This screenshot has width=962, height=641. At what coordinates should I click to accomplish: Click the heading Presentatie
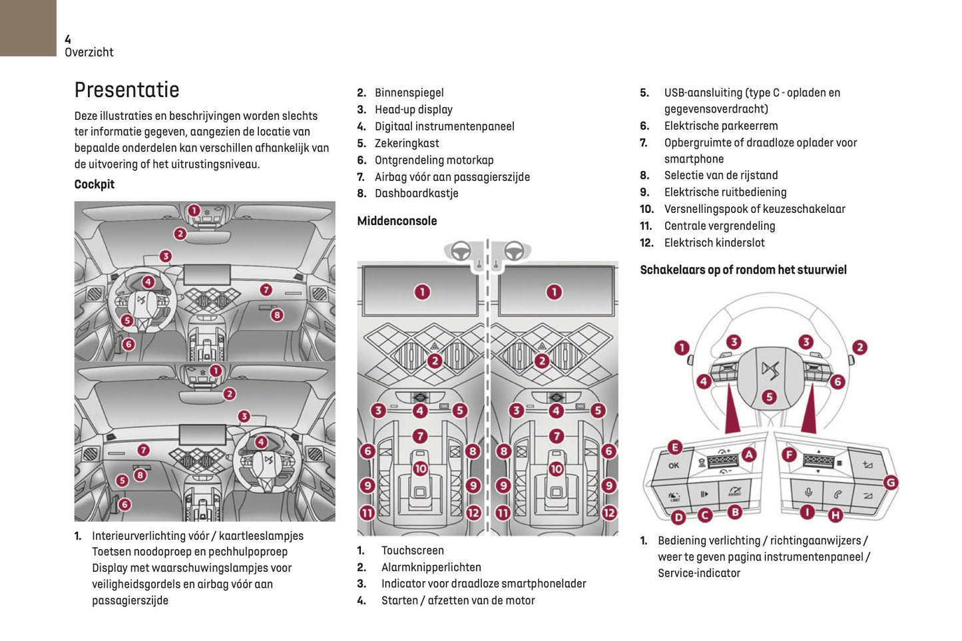[126, 90]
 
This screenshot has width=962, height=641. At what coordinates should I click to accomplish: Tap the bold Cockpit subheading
[94, 184]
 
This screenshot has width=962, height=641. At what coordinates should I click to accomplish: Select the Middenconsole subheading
[397, 221]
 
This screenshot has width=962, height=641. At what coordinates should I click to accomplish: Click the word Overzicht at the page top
[89, 53]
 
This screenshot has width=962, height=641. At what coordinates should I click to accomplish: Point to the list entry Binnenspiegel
[409, 93]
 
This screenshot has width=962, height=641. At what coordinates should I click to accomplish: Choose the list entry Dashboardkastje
[416, 194]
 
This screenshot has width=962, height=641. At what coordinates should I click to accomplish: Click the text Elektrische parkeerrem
[720, 126]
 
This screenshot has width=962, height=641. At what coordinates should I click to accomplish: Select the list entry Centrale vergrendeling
[719, 226]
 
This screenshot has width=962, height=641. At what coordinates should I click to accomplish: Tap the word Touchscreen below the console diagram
[412, 550]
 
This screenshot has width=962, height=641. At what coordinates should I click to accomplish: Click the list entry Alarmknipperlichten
[431, 567]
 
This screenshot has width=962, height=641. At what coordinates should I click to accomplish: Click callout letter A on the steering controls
[749, 455]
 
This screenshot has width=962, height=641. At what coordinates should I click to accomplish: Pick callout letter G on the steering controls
[890, 483]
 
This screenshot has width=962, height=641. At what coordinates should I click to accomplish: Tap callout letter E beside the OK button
[674, 447]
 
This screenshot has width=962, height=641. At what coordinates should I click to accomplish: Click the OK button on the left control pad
[674, 465]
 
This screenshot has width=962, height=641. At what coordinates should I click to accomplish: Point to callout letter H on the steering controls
[836, 515]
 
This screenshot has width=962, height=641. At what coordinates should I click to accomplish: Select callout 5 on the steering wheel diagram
[769, 397]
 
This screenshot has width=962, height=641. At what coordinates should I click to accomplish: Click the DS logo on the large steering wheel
[770, 370]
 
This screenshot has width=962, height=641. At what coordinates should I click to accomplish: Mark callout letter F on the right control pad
[789, 455]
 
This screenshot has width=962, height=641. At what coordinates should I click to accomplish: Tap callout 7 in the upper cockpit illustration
[266, 290]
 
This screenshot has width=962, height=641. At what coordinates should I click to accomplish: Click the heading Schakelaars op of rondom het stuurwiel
[743, 270]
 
